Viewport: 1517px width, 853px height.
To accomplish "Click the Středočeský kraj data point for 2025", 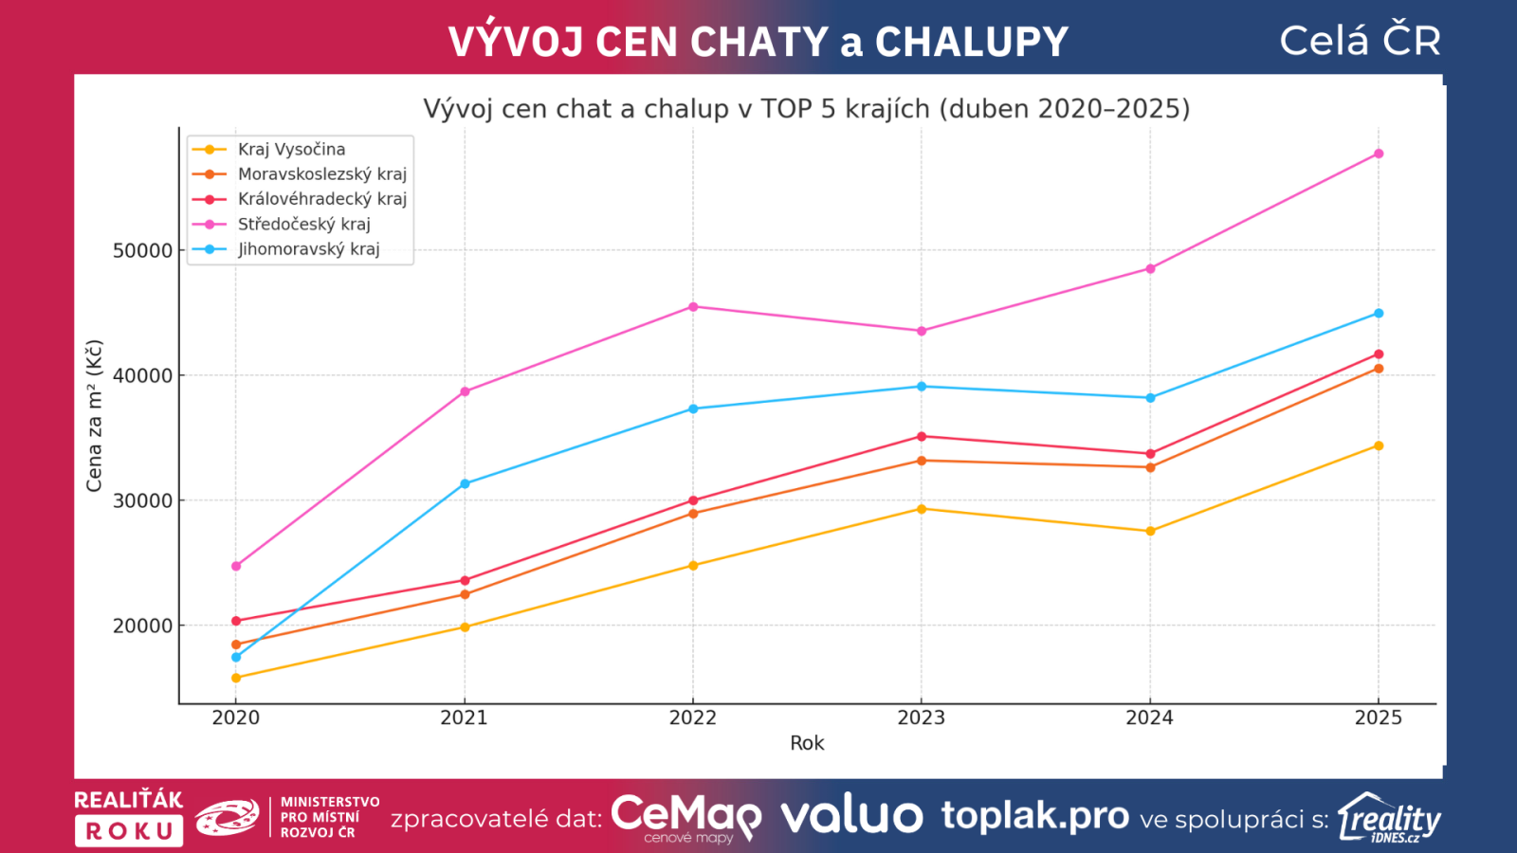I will (x=1379, y=154).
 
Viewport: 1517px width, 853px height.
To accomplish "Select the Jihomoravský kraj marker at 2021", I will (x=465, y=484).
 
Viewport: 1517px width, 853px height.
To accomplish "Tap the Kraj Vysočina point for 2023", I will (x=922, y=509).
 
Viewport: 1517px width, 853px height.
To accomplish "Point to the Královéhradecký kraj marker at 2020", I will (x=236, y=622).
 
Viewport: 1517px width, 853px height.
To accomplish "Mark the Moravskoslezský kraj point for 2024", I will (x=1150, y=467).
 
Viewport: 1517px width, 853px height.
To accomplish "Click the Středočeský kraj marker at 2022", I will (x=693, y=307).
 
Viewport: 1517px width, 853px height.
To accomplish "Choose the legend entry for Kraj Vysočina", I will (x=291, y=150).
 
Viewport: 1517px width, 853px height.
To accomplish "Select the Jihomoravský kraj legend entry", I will (x=308, y=249).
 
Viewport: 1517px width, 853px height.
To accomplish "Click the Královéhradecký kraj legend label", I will (x=321, y=199).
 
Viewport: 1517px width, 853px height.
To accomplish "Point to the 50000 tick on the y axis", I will (x=143, y=251).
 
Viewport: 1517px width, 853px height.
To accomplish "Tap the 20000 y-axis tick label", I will (x=143, y=626).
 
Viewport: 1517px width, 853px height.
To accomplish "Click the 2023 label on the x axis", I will (x=922, y=718).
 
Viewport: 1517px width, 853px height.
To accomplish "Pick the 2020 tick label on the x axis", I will (x=236, y=718).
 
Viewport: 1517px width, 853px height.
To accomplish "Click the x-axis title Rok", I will (x=807, y=744).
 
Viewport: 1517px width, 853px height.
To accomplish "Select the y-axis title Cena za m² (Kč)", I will (x=94, y=416).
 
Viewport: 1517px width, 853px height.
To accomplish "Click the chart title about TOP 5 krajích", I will (x=806, y=109).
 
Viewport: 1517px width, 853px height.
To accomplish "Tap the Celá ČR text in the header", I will (x=1360, y=41).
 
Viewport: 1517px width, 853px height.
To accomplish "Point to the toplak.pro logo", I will (x=1034, y=816).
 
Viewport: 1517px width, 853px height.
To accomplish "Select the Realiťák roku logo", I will (x=129, y=817).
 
